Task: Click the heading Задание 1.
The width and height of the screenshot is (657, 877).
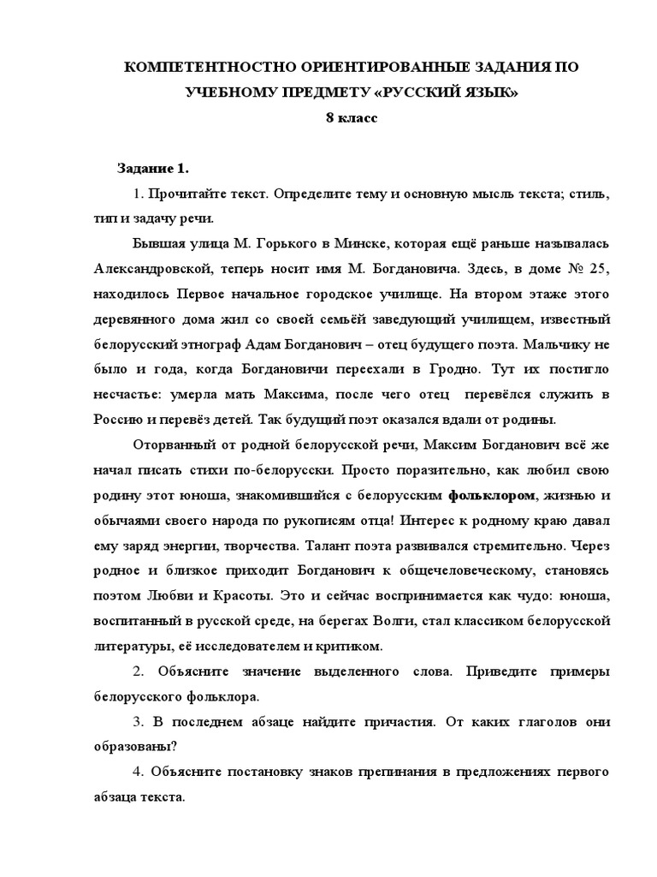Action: click(x=151, y=168)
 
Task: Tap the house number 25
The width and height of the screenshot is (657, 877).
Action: click(x=596, y=269)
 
